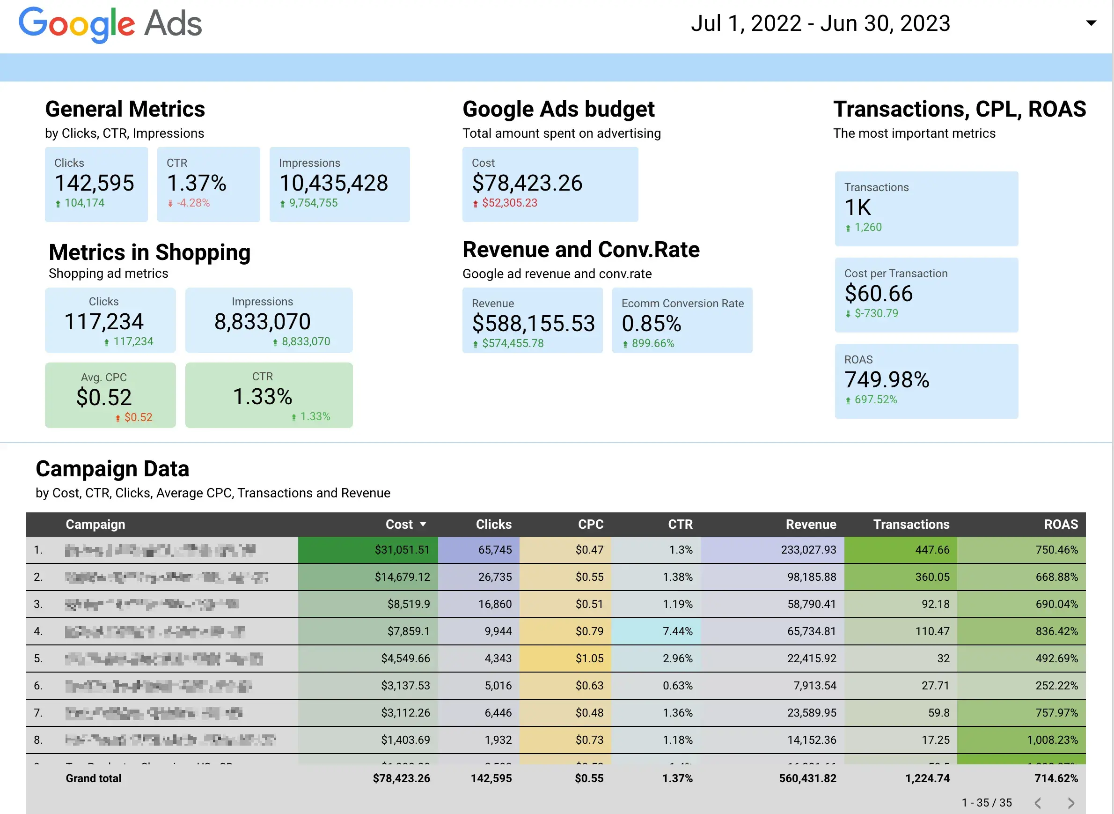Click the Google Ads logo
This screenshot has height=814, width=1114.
tap(110, 23)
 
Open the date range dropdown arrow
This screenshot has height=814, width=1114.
tap(1091, 22)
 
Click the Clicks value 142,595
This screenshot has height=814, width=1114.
tap(94, 183)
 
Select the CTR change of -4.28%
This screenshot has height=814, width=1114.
tap(193, 203)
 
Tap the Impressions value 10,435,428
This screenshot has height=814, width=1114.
tap(333, 183)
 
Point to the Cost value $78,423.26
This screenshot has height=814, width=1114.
tap(527, 183)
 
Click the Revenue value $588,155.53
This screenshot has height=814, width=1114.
tap(533, 324)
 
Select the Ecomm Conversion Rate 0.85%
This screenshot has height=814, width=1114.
tap(651, 324)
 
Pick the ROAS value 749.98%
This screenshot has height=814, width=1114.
tap(887, 380)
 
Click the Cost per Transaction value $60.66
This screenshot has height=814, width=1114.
tap(879, 294)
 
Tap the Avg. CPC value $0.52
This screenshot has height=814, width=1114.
tap(104, 398)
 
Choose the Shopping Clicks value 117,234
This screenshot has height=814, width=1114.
tap(104, 322)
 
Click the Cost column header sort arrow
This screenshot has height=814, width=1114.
tap(423, 525)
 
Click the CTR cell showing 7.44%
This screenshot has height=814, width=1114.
tap(677, 631)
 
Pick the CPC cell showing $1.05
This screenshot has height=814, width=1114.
tap(589, 659)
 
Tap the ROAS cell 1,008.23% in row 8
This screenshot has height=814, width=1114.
tap(1052, 740)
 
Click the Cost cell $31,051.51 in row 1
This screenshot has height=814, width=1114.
tap(402, 550)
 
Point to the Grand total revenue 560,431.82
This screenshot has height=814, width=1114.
tap(807, 778)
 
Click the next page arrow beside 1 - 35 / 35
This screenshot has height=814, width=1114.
tap(1070, 803)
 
